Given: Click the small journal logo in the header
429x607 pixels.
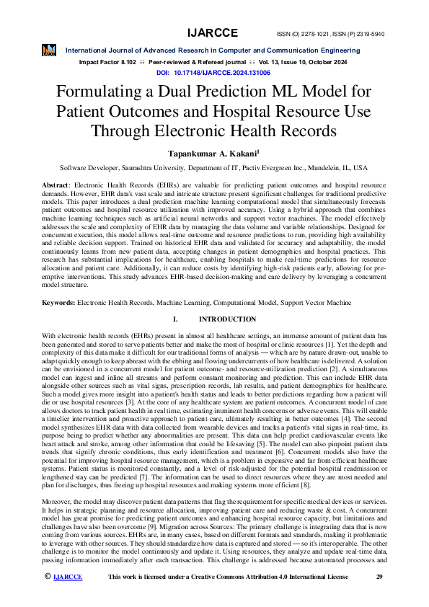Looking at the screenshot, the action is (x=49, y=50).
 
